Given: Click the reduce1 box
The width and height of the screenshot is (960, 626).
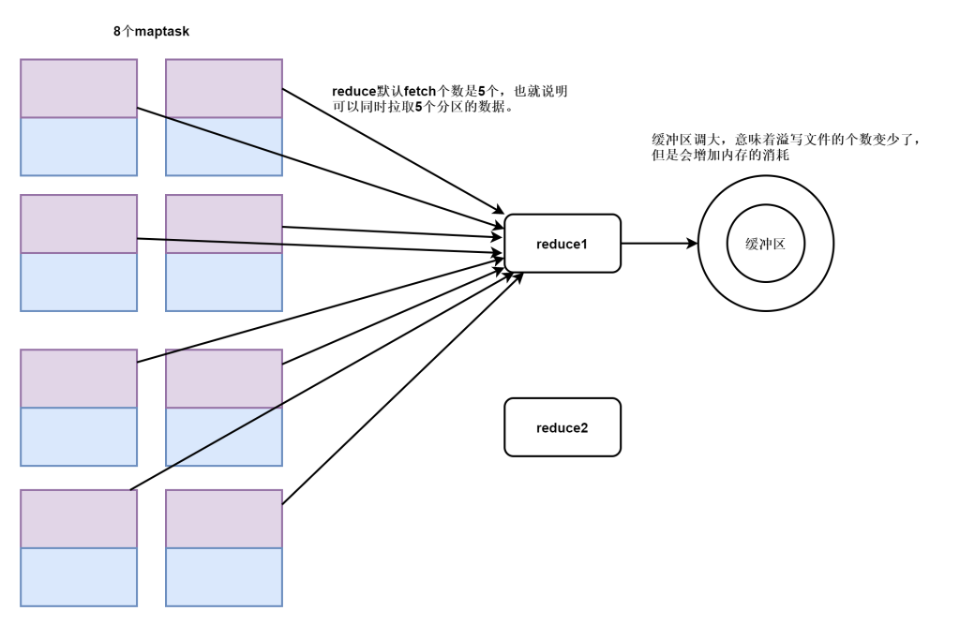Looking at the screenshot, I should pyautogui.click(x=562, y=243).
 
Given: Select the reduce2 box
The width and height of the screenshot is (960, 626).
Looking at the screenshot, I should pyautogui.click(x=562, y=427).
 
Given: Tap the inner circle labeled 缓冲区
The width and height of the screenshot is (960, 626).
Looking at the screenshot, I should pyautogui.click(x=764, y=243).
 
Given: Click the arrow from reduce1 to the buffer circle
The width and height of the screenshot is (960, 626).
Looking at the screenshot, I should pyautogui.click(x=656, y=243).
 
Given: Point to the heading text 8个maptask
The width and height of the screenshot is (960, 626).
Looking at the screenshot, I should pyautogui.click(x=151, y=32).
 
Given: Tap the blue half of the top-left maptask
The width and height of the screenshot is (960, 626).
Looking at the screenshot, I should pyautogui.click(x=79, y=146).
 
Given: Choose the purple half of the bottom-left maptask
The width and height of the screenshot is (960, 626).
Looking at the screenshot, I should pyautogui.click(x=79, y=518).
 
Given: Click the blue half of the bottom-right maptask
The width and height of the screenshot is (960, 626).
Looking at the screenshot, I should pyautogui.click(x=224, y=576).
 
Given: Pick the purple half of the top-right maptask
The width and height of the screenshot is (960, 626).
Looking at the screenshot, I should pyautogui.click(x=224, y=88).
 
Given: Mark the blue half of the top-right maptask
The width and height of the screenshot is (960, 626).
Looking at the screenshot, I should pyautogui.click(x=224, y=146).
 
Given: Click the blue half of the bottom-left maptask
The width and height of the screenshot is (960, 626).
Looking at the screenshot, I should pyautogui.click(x=79, y=576).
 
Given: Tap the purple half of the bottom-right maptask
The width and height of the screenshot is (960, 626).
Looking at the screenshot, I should pyautogui.click(x=224, y=518).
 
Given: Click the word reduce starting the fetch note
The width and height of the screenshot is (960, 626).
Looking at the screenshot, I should pyautogui.click(x=353, y=92).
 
